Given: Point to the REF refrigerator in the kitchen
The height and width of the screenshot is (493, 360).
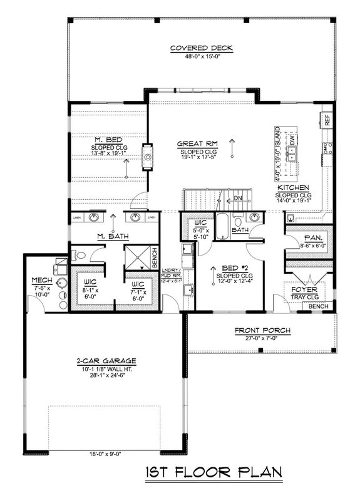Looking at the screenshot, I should point(327,119).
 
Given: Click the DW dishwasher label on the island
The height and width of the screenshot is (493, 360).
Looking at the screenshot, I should point(292,142).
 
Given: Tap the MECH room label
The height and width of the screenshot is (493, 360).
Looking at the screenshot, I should point(41,279).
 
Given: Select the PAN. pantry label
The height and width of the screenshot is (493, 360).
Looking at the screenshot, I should point(304,239).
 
